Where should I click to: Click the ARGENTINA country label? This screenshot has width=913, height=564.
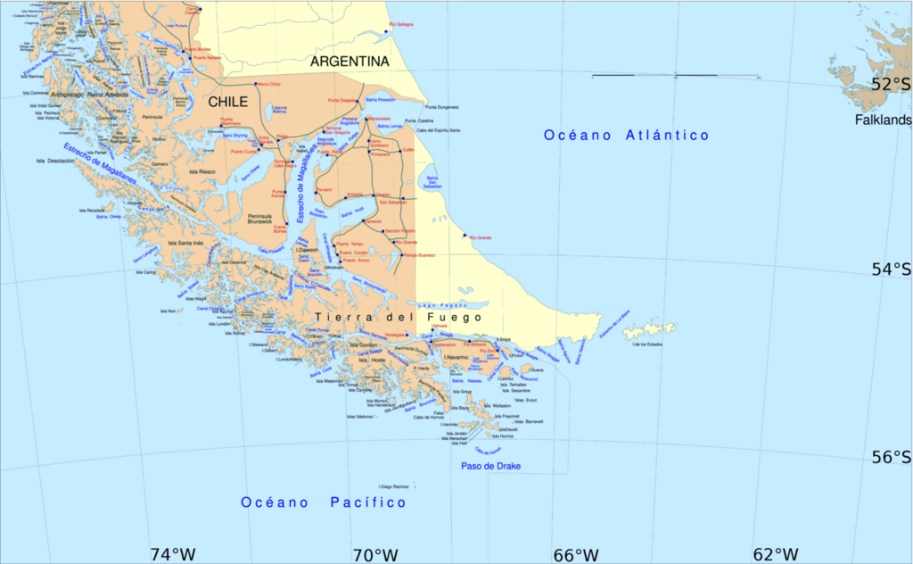point(350,62)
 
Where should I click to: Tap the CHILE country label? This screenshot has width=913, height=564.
point(227,103)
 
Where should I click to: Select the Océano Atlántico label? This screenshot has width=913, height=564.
point(627,136)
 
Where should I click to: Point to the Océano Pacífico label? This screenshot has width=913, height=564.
point(323,503)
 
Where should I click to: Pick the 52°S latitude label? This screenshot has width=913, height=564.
point(891,85)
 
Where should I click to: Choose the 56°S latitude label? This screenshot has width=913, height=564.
point(891,458)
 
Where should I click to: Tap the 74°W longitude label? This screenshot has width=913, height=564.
point(172,554)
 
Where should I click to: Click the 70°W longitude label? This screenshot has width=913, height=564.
point(374,554)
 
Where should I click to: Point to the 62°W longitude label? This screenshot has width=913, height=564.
point(776,554)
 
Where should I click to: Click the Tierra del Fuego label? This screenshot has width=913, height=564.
point(398,317)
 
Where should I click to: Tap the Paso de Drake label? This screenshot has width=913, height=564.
point(490,467)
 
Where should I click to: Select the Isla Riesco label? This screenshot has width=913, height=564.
point(202,171)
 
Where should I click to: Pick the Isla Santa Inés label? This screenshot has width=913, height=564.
point(185,243)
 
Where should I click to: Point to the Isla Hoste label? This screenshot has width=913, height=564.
point(373,360)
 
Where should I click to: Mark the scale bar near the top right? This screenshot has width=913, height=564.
point(675,76)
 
